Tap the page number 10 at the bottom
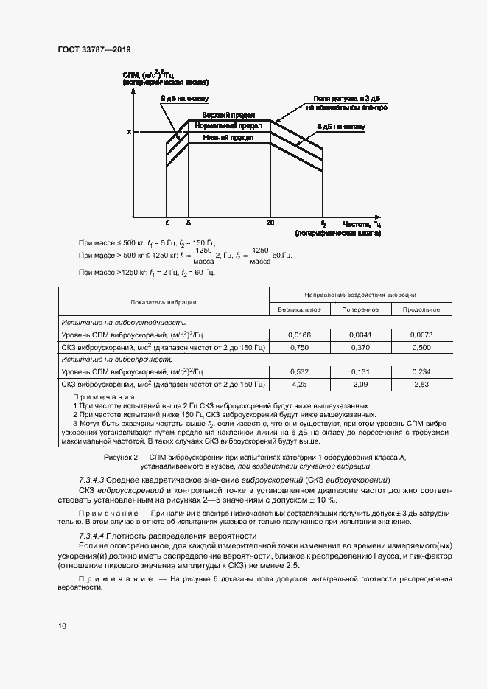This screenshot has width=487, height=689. [x=62, y=626]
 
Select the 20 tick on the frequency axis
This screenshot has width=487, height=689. [x=270, y=223]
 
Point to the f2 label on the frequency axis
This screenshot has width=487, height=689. [x=323, y=223]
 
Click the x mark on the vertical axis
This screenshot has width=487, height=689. [x=129, y=132]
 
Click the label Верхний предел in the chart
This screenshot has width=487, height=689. [x=229, y=115]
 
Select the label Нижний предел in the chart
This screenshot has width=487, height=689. [x=229, y=137]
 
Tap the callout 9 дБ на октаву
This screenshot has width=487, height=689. [x=185, y=98]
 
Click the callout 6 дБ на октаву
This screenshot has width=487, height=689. [x=340, y=127]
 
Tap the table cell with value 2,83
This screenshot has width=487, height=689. [x=421, y=384]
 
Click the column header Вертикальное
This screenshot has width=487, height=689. [x=299, y=309]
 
